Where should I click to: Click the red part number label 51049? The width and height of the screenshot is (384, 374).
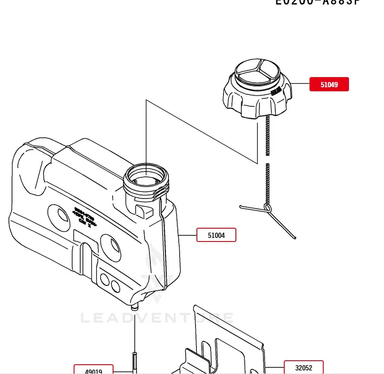(x=329, y=84)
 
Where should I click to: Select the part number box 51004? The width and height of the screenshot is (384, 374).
(x=216, y=235)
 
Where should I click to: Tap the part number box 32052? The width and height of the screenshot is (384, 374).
(x=304, y=367)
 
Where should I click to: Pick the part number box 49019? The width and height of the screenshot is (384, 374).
(x=94, y=370)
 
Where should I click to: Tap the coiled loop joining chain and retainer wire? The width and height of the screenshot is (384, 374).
(x=267, y=207)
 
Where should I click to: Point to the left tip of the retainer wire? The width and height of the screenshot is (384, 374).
(x=241, y=206)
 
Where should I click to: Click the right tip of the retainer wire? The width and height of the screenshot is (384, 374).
(x=294, y=238)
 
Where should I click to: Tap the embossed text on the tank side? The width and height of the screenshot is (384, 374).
(x=84, y=217)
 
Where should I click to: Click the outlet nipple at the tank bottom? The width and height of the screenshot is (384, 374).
(x=134, y=305)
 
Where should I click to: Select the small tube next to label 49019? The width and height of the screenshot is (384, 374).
(x=134, y=361)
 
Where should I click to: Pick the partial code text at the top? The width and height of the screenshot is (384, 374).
(x=317, y=2)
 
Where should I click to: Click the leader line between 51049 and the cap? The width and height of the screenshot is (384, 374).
(x=300, y=84)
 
